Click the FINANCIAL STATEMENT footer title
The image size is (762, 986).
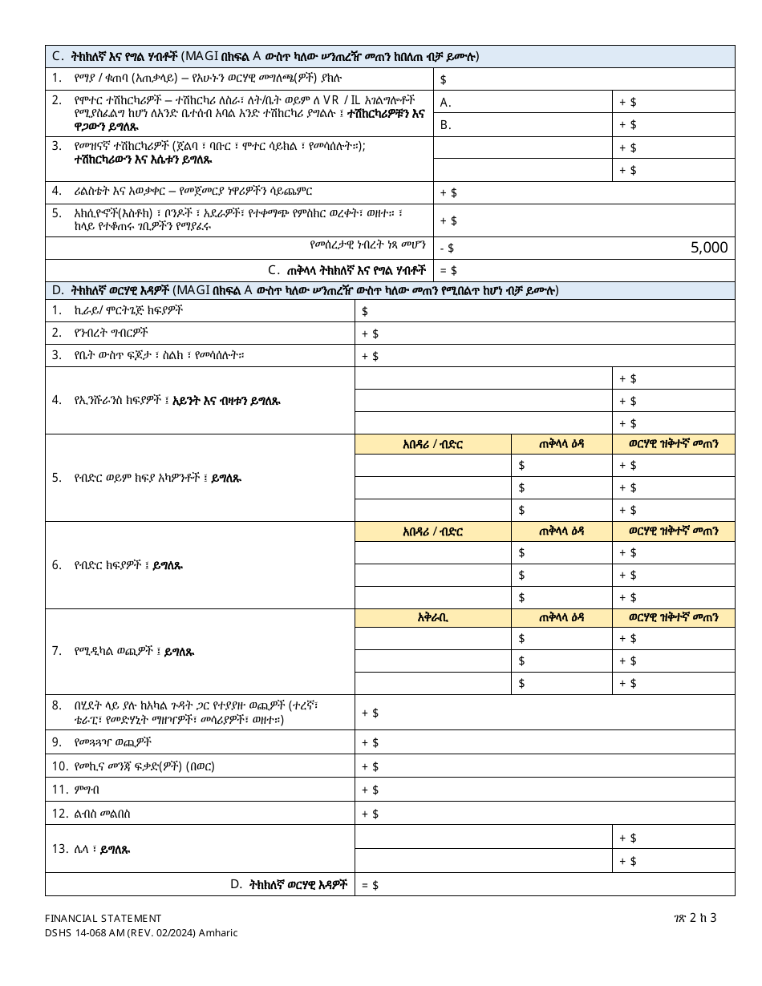point(103,918)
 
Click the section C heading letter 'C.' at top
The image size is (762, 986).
point(59,56)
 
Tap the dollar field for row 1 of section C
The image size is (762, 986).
point(584,79)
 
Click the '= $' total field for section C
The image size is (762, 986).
point(584,271)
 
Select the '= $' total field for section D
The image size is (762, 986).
point(545,885)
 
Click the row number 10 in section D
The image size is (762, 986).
point(60,766)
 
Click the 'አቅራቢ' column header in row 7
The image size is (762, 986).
point(433,617)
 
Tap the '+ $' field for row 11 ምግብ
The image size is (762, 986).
point(545,790)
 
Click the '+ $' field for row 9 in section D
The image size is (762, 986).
point(545,742)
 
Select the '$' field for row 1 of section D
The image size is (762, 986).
point(545,311)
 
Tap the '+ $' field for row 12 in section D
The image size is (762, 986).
point(545,814)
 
